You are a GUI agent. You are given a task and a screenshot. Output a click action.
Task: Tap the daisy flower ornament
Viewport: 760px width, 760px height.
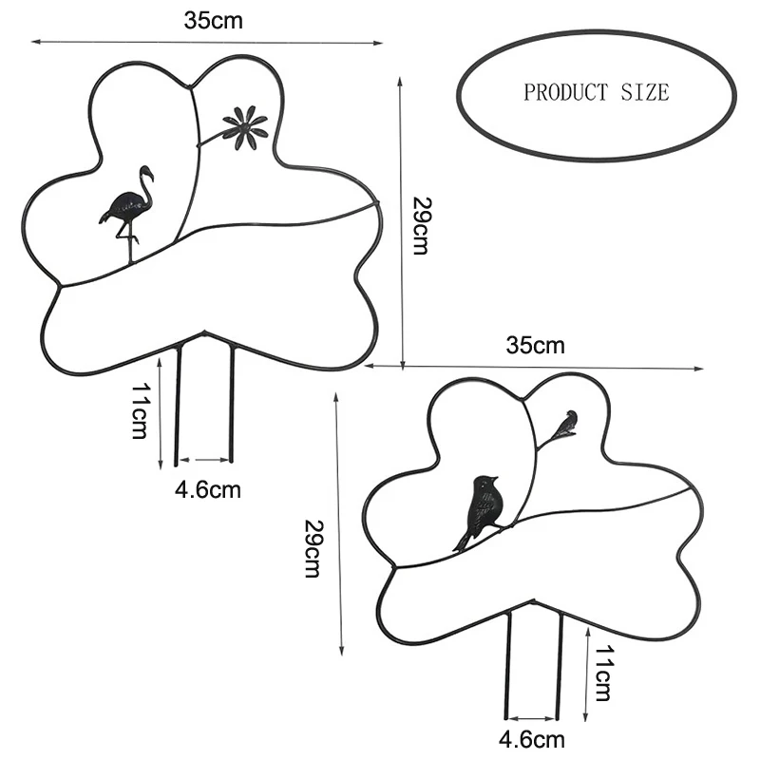245,127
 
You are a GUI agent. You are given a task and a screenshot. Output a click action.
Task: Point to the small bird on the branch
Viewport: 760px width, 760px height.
567,423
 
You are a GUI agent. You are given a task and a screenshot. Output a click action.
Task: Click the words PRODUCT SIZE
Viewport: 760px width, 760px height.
596,93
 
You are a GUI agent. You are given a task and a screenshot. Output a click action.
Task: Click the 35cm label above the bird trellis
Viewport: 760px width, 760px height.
535,345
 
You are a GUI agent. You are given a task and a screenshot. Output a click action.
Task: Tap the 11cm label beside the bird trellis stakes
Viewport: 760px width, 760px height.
602,671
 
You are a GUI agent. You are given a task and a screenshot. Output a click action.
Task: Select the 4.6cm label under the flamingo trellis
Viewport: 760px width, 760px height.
207,490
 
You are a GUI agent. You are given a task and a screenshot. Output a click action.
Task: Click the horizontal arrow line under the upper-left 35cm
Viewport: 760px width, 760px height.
207,42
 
